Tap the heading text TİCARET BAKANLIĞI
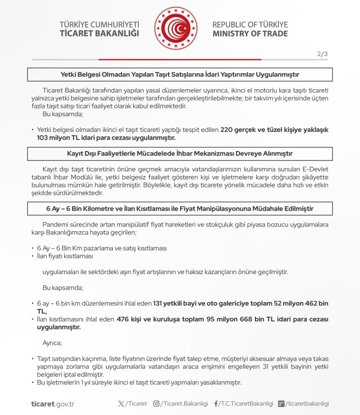[99, 34]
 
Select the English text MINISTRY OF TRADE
[250, 34]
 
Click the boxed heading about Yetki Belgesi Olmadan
[180, 74]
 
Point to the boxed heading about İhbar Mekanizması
[180, 154]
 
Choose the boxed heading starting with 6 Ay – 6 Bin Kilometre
[180, 209]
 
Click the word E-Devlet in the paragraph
[318, 169]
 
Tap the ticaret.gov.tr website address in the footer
[52, 403]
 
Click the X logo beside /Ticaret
[121, 403]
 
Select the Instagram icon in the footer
[156, 403]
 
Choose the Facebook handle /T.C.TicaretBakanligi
[246, 403]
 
